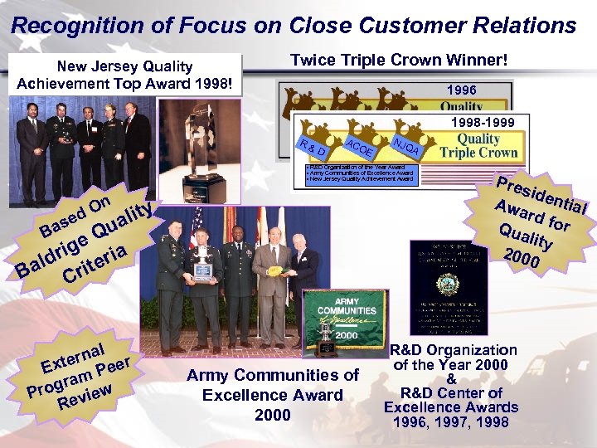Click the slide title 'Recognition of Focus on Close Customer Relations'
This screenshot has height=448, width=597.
294,26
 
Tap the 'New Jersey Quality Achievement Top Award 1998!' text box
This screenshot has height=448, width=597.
124,75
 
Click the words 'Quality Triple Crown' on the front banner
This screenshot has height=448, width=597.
478,146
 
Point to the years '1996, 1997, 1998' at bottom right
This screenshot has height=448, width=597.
452,421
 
